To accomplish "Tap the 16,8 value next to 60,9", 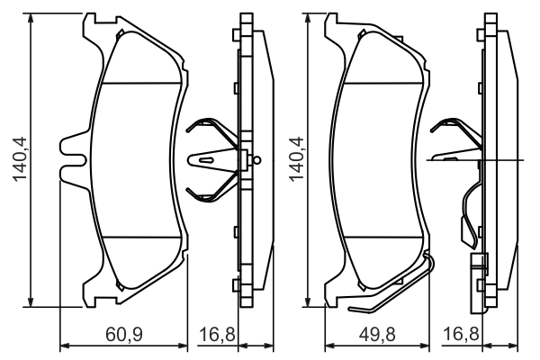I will point(216,335).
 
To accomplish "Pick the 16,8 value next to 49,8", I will point(463,335).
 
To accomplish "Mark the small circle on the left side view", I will point(257,161).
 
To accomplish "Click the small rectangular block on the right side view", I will point(478,265).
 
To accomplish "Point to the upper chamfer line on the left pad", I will point(139,84).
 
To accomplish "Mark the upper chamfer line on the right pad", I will point(383,84).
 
